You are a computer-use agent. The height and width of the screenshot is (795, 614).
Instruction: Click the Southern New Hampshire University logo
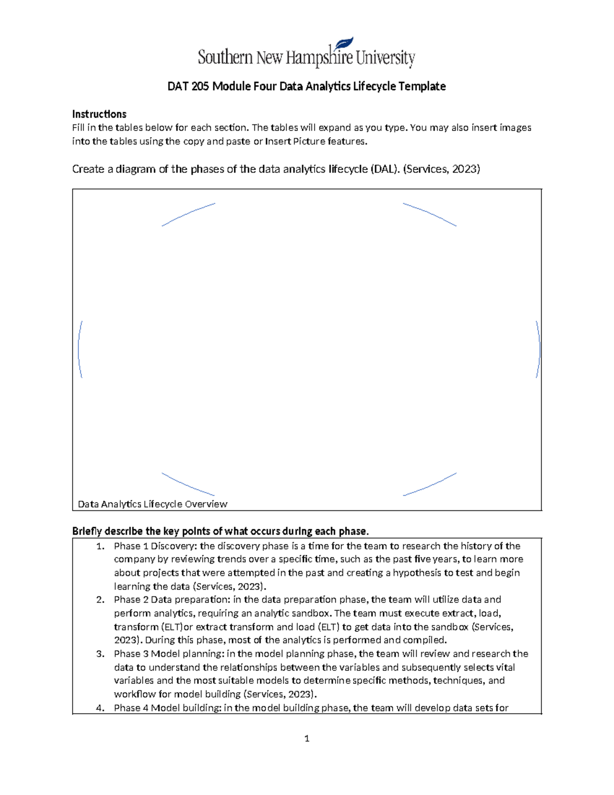click(306, 55)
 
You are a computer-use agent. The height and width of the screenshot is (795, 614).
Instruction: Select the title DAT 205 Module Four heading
click(306, 87)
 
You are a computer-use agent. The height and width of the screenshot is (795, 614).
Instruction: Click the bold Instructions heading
click(99, 114)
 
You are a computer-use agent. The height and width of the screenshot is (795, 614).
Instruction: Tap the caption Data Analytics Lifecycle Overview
click(152, 504)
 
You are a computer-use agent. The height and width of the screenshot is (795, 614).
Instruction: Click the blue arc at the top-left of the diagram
click(188, 214)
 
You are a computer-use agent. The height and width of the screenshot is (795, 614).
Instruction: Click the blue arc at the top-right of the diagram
click(430, 214)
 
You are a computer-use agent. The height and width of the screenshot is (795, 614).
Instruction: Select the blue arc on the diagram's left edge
click(79, 349)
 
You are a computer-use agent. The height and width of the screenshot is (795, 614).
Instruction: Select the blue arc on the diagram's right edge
click(539, 349)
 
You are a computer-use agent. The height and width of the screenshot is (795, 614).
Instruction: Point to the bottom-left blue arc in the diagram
click(187, 485)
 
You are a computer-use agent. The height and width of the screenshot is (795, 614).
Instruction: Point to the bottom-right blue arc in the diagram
click(430, 485)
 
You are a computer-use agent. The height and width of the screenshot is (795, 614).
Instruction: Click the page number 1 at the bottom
click(306, 738)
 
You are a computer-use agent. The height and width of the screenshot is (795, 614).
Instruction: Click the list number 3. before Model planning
click(100, 654)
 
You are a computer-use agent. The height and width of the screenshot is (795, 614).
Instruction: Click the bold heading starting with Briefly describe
click(220, 531)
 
